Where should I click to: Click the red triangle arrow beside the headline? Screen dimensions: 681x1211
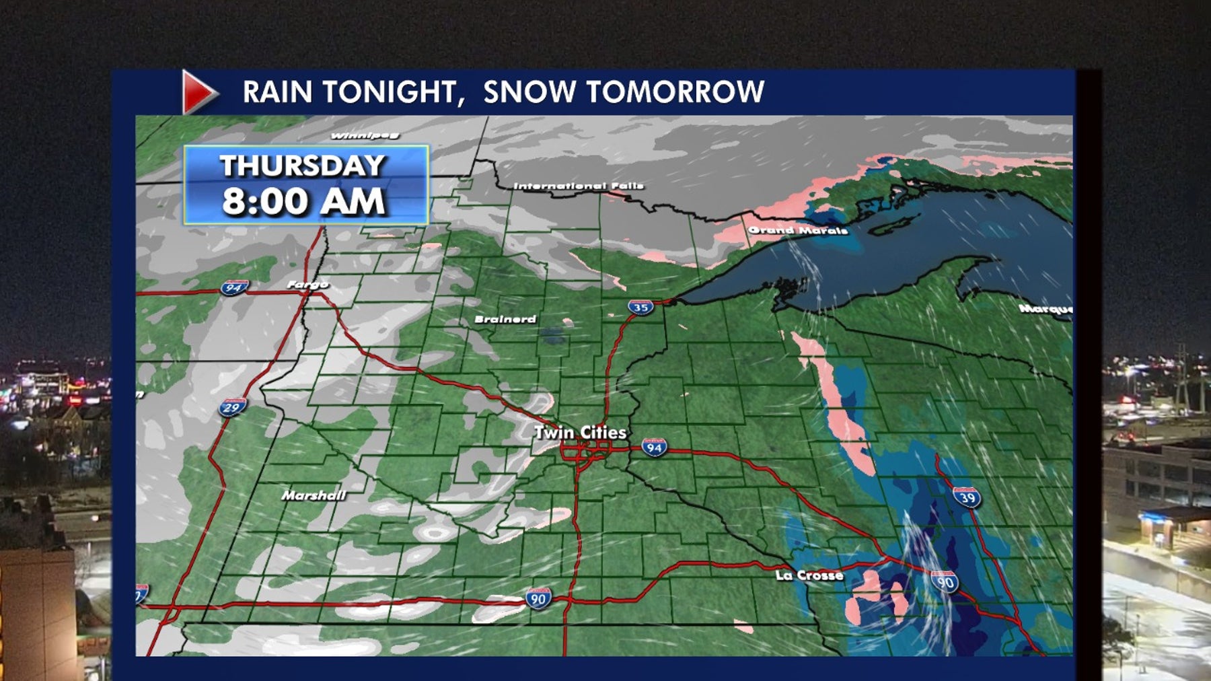point(198,92)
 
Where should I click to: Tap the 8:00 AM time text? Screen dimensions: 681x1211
point(303,201)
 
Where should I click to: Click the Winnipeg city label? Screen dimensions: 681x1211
point(365,136)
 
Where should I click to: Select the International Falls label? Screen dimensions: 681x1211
point(579,186)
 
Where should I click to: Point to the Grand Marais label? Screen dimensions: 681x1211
point(798,230)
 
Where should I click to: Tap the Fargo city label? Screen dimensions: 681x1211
point(307,285)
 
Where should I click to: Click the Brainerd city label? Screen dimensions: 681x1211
point(505,319)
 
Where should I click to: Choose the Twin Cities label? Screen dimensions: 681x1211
point(580,433)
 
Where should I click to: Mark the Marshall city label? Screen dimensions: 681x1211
point(314,495)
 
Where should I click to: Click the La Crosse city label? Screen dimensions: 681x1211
point(809,575)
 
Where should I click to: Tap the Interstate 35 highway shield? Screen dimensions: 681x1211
point(640,308)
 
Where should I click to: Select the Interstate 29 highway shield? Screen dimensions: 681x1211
point(232,407)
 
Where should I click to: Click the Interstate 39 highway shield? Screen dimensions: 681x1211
point(967,497)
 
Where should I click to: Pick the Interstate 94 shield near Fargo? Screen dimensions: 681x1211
point(233,288)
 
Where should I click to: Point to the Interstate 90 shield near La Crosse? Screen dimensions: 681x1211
point(945,581)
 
